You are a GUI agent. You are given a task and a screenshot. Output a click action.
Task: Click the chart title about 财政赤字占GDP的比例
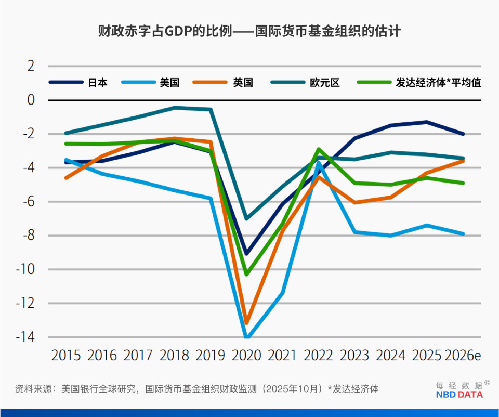coord(249,31)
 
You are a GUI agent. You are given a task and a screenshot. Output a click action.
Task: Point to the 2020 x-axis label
coord(247,356)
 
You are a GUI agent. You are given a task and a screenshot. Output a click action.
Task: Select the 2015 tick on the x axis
coord(66,356)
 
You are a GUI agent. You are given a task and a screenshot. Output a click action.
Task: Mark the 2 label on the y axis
coord(31,66)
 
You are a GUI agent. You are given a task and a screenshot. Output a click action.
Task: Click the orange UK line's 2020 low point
coord(247,323)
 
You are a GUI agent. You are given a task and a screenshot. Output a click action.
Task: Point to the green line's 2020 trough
coord(247,274)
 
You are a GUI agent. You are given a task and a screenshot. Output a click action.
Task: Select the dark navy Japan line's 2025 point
coord(427,122)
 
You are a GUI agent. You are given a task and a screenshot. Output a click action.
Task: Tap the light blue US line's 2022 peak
coord(319,162)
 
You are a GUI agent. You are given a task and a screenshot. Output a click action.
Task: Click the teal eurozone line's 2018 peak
coord(174,108)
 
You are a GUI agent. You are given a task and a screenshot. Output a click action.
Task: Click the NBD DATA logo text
coord(459,395)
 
